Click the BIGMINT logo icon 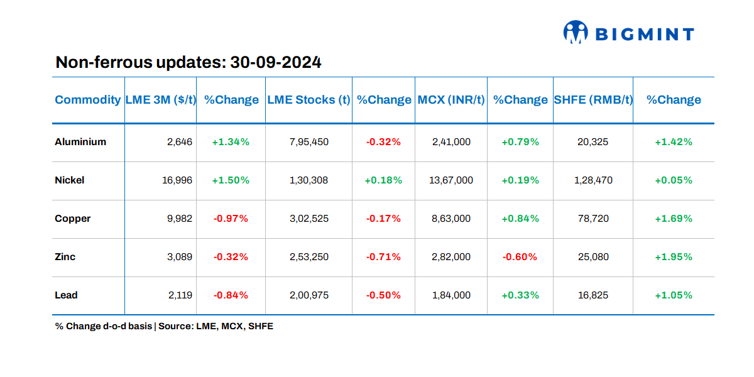[575, 33]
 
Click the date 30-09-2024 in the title [276, 63]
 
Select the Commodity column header [88, 100]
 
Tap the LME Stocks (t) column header [309, 100]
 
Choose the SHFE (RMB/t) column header [593, 100]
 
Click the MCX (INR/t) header [451, 100]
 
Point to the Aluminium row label [80, 142]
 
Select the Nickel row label [70, 180]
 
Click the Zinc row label [65, 257]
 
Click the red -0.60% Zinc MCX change [520, 257]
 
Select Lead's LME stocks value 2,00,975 [309, 295]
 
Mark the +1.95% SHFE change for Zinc [674, 257]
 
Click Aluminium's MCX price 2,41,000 [451, 142]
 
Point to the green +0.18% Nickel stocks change [383, 180]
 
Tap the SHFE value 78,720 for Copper [593, 219]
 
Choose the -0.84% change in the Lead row [231, 295]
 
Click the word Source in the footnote [175, 327]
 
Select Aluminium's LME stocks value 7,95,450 [309, 142]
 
